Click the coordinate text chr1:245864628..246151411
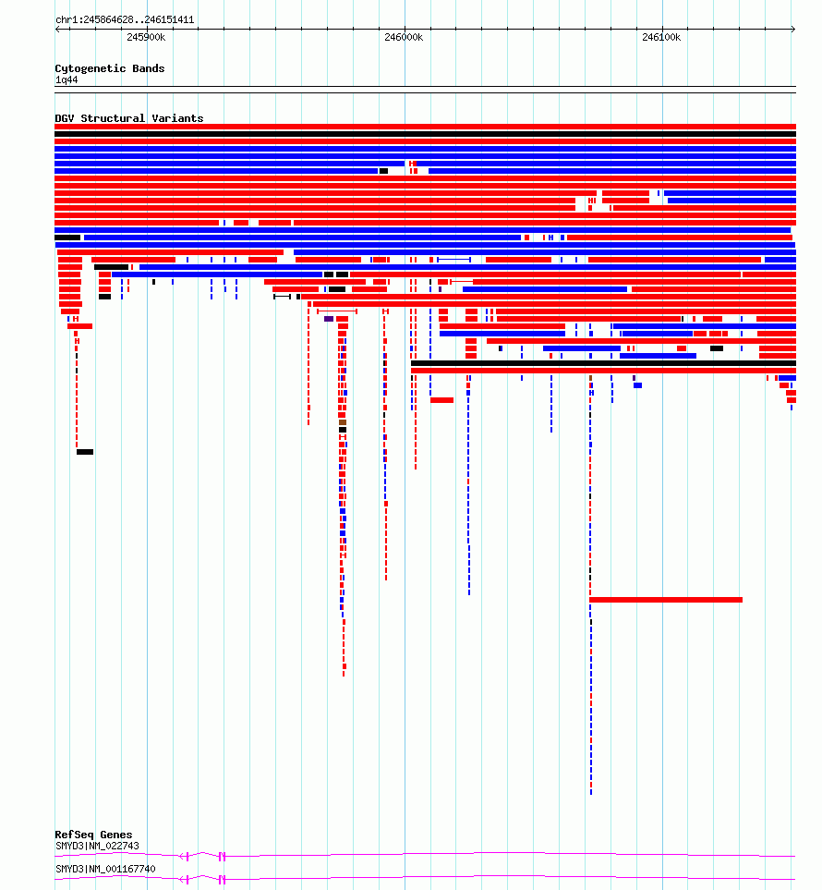(x=125, y=19)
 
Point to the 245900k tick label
(x=146, y=38)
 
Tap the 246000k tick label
(x=404, y=38)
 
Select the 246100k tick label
(x=661, y=38)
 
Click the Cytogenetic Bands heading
(x=110, y=68)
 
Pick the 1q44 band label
(x=66, y=80)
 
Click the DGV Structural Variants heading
(x=128, y=118)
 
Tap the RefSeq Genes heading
(x=93, y=835)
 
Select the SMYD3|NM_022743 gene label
(x=97, y=846)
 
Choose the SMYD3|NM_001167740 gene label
(x=105, y=869)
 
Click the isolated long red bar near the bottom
(x=666, y=600)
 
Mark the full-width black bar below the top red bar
(x=426, y=135)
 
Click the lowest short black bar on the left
(x=85, y=452)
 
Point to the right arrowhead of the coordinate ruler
(x=793, y=29)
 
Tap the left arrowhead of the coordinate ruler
(x=57, y=29)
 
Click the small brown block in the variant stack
(x=343, y=422)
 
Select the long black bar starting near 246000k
(x=604, y=363)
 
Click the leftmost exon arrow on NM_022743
(x=184, y=856)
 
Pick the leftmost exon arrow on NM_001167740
(x=184, y=879)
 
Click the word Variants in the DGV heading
(x=177, y=118)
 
